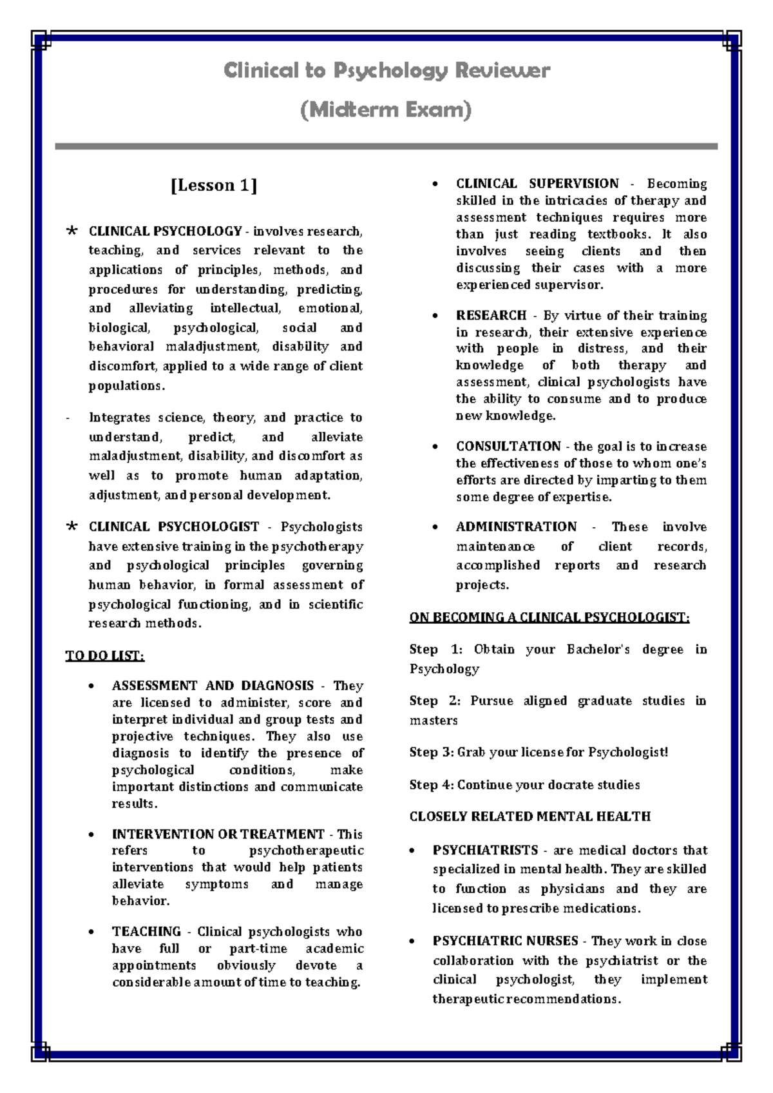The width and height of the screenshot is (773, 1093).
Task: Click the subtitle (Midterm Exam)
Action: (386, 110)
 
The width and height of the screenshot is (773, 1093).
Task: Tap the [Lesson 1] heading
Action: (214, 186)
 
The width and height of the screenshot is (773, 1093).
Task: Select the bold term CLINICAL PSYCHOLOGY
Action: (165, 231)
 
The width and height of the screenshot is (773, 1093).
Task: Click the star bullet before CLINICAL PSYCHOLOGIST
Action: (72, 527)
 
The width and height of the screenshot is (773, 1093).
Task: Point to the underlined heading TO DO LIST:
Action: (105, 656)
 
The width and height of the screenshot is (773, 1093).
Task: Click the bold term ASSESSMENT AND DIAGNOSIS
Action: (213, 686)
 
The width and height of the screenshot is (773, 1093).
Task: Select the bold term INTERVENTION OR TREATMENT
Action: (218, 834)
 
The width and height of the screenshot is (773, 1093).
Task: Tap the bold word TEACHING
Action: (146, 931)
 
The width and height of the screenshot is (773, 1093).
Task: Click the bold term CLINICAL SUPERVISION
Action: (537, 184)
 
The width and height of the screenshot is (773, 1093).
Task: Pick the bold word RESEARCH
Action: (491, 315)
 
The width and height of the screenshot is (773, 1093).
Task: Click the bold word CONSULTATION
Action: (508, 446)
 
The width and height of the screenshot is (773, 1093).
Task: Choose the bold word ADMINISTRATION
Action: (516, 527)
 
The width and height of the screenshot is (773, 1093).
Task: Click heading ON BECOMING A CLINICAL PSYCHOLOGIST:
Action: (549, 617)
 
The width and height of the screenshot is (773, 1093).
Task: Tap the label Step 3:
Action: (432, 752)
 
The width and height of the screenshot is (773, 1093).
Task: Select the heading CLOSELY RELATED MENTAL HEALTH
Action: (530, 817)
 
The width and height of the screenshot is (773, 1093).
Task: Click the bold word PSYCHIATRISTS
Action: (485, 850)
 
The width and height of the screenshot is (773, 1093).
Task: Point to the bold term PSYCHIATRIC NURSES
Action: (505, 941)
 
